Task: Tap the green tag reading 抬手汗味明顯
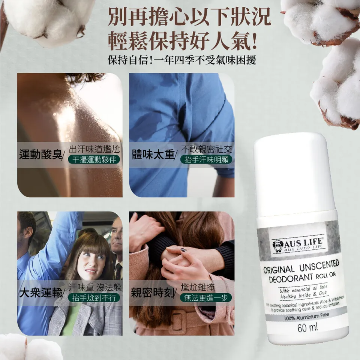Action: click(206, 160)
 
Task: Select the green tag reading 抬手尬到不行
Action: click(94, 298)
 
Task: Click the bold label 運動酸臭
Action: click(41, 154)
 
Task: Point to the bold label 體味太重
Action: click(153, 154)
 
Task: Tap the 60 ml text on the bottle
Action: click(307, 327)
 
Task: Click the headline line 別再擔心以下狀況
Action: click(189, 17)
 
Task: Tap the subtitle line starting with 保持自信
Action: click(181, 60)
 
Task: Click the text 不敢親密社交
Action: click(206, 149)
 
